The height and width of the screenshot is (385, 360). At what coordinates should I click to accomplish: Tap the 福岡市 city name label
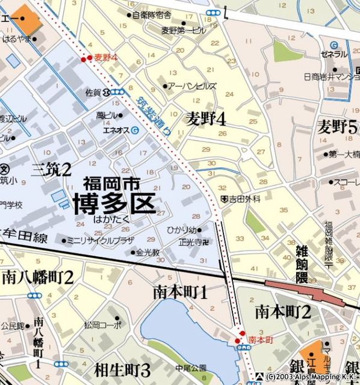click(114, 183)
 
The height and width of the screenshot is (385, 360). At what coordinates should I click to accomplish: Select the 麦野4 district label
click(205, 119)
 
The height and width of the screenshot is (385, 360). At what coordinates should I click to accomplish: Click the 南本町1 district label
click(180, 292)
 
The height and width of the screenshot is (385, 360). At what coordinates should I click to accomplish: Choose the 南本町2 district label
click(283, 312)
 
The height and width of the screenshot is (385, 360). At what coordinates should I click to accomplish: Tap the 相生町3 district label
click(122, 369)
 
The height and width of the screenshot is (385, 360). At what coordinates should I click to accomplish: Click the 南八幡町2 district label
click(37, 277)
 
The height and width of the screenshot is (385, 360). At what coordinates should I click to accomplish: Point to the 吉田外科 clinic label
click(244, 199)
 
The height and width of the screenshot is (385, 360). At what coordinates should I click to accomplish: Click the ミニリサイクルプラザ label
click(100, 241)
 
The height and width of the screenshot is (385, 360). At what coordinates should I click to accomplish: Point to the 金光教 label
click(147, 253)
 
